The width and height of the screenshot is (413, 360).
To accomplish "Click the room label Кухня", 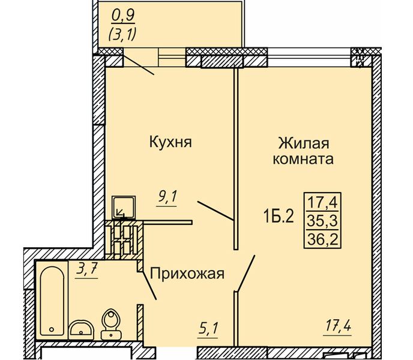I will coord(170,142).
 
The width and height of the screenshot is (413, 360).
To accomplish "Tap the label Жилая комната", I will coord(303,151).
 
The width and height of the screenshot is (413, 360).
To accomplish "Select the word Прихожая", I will coord(187,274).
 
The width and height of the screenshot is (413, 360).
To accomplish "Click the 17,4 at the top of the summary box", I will coord(322,200).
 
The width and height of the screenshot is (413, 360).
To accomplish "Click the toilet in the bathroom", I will coord(110,324).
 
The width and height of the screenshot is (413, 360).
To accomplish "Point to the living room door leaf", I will coord(246,274).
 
